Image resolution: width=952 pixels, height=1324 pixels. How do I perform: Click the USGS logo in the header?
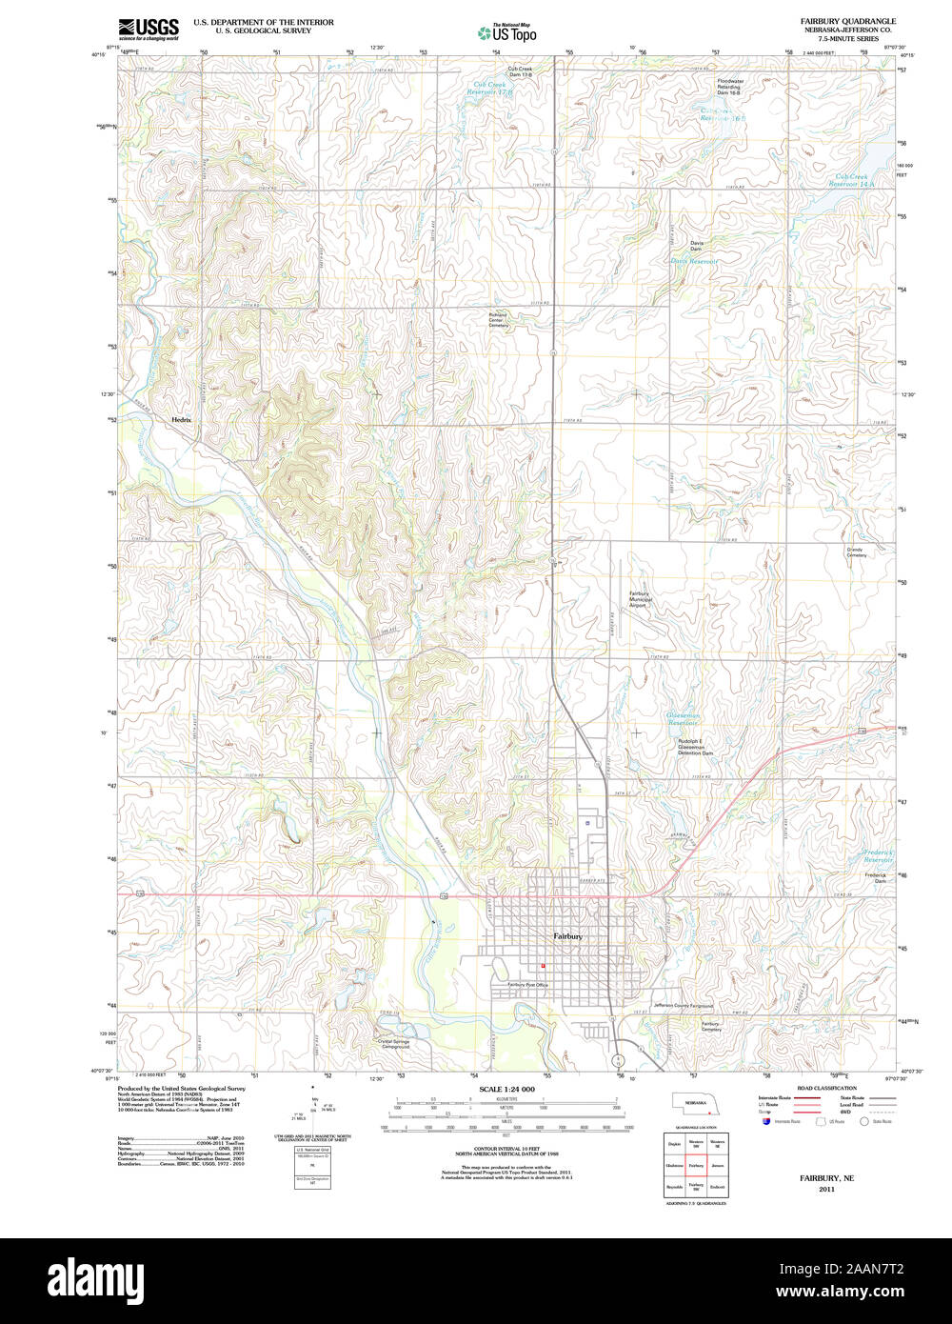pyautogui.click(x=149, y=29)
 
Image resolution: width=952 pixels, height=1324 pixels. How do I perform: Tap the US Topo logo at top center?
pyautogui.click(x=506, y=32)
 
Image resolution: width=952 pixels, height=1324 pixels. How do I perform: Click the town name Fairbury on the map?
pyautogui.click(x=568, y=936)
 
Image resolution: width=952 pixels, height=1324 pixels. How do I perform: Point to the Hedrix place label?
pyautogui.click(x=181, y=420)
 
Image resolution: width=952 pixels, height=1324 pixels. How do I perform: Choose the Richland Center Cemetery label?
pyautogui.click(x=498, y=320)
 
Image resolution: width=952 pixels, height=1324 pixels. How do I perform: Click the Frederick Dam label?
pyautogui.click(x=875, y=877)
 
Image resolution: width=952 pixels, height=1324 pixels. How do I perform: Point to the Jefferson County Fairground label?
pyautogui.click(x=683, y=1006)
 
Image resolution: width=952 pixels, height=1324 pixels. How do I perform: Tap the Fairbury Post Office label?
pyautogui.click(x=527, y=985)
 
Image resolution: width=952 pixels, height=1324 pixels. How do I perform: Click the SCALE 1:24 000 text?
pyautogui.click(x=506, y=1089)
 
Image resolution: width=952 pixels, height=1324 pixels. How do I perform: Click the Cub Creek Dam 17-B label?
pyautogui.click(x=520, y=71)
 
